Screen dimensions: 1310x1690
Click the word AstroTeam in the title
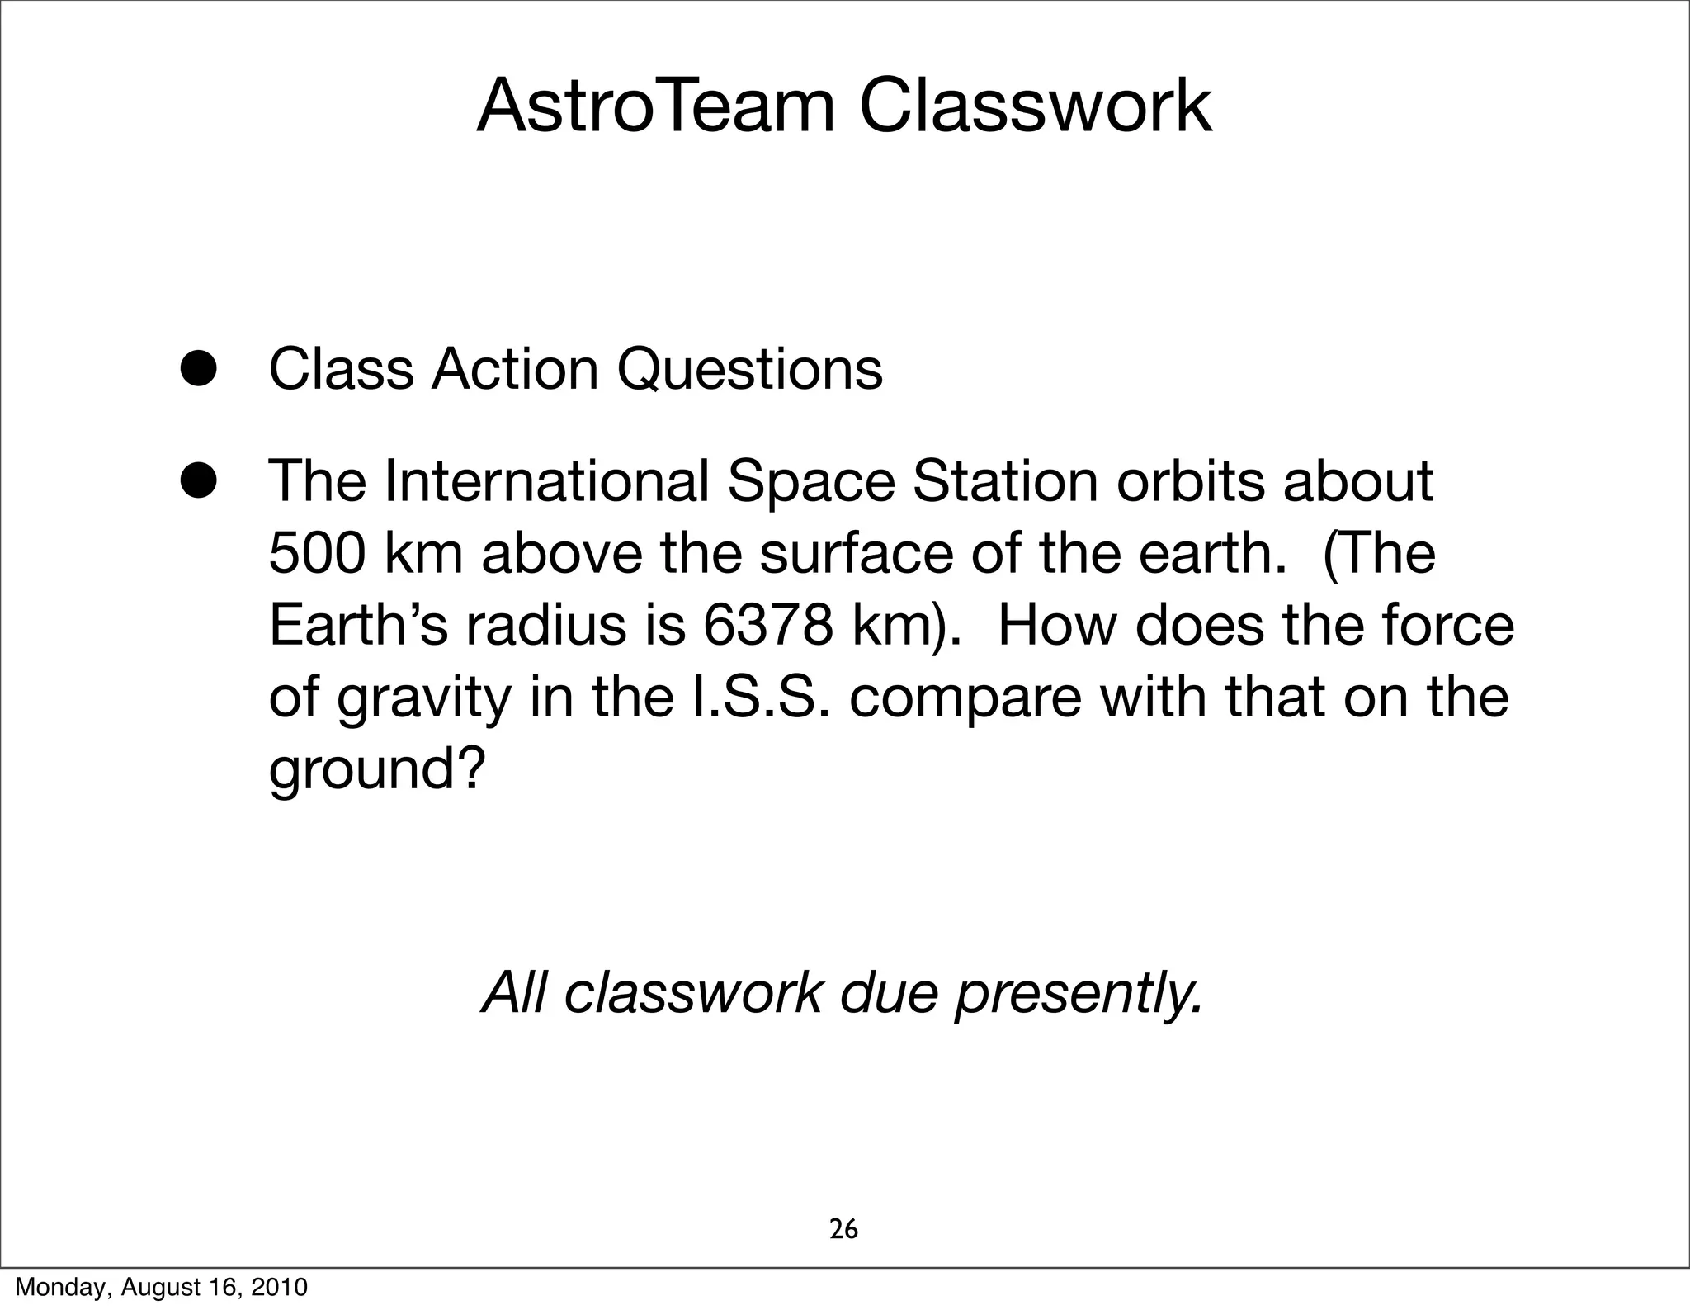(x=656, y=107)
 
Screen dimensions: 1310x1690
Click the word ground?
(x=375, y=770)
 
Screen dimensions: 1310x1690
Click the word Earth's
(x=358, y=625)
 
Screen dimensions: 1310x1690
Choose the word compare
(x=965, y=698)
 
